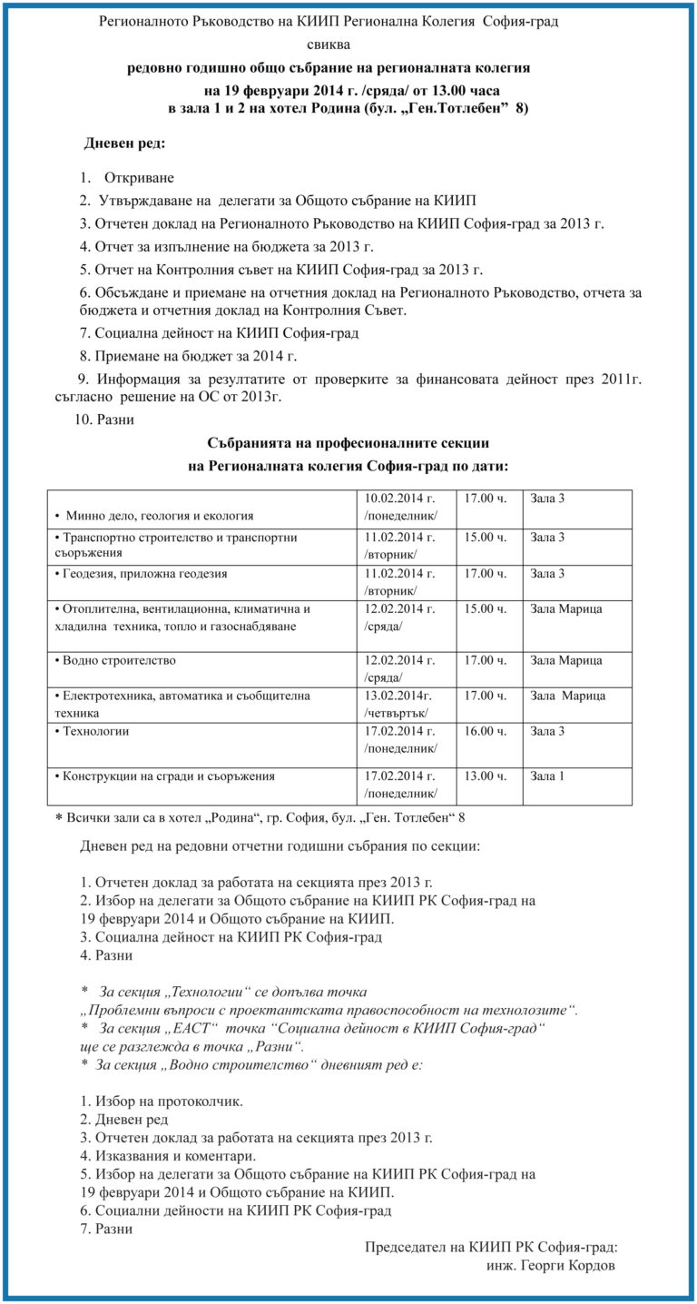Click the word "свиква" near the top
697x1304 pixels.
pyautogui.click(x=328, y=44)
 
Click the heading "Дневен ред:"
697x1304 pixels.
pyautogui.click(x=124, y=143)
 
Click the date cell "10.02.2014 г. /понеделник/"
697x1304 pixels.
pyautogui.click(x=400, y=507)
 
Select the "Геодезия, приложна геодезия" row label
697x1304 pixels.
pyautogui.click(x=141, y=573)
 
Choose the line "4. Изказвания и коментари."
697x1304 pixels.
pyautogui.click(x=168, y=1156)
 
